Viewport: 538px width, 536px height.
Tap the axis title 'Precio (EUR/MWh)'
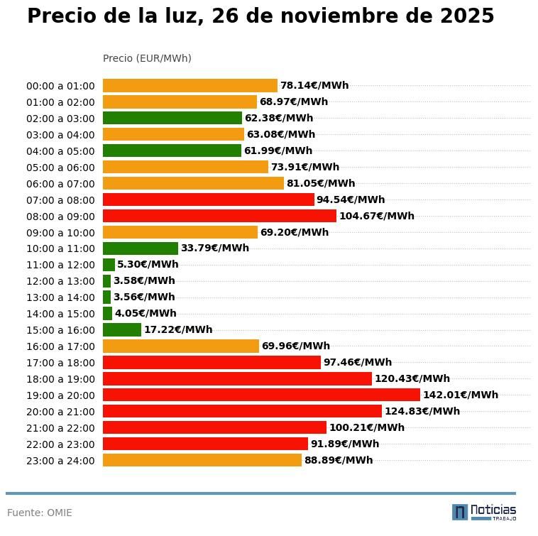click(147, 58)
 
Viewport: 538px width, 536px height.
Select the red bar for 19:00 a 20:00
click(261, 395)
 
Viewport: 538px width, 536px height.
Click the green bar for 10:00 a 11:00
click(141, 248)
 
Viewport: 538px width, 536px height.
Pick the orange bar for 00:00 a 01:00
click(190, 86)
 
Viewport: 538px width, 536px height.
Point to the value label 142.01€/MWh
click(461, 395)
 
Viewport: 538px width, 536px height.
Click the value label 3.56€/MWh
click(144, 297)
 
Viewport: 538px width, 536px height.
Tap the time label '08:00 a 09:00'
click(60, 216)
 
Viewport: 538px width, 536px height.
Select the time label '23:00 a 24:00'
click(60, 461)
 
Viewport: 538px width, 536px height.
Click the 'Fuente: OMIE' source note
click(40, 513)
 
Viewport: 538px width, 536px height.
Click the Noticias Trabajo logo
click(484, 512)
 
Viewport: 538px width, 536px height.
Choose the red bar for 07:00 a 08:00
click(209, 199)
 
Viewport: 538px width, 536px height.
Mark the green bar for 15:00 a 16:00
click(122, 329)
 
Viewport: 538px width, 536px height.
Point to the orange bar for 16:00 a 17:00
click(181, 346)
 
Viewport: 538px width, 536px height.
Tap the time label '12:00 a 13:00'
click(60, 281)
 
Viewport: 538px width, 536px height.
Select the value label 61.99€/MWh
click(278, 151)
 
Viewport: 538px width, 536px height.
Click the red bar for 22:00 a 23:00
click(205, 444)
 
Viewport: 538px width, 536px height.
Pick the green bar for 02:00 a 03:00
click(172, 118)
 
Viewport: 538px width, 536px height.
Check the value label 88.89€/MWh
click(339, 460)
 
